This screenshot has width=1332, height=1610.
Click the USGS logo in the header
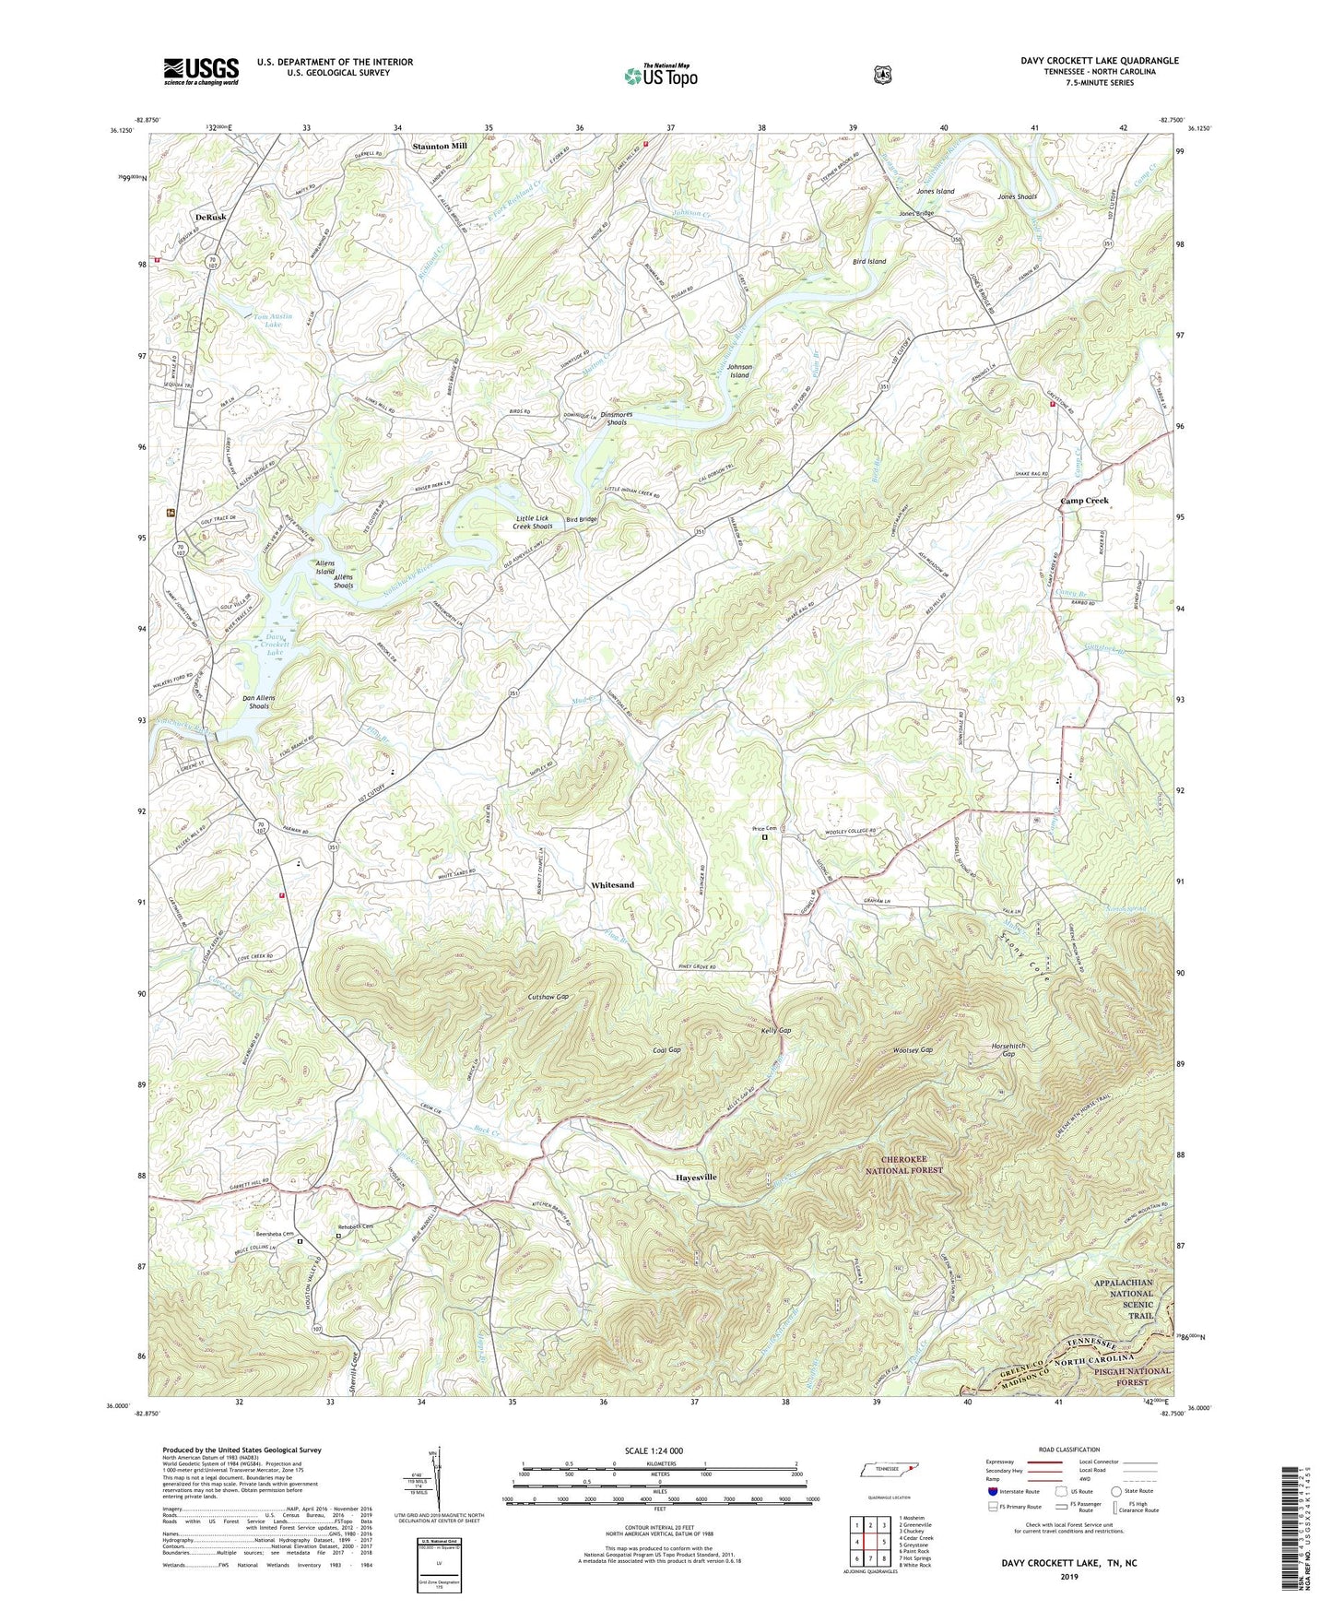pos(201,71)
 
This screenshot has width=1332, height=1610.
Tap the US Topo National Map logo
pos(660,76)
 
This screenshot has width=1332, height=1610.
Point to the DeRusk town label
pos(210,217)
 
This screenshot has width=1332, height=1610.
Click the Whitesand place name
pos(612,885)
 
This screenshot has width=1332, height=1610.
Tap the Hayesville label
pos(696,1178)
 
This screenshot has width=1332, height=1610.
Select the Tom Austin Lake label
pos(273,321)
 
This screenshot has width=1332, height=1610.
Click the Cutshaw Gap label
pos(548,998)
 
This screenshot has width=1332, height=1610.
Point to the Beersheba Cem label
pos(275,1234)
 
